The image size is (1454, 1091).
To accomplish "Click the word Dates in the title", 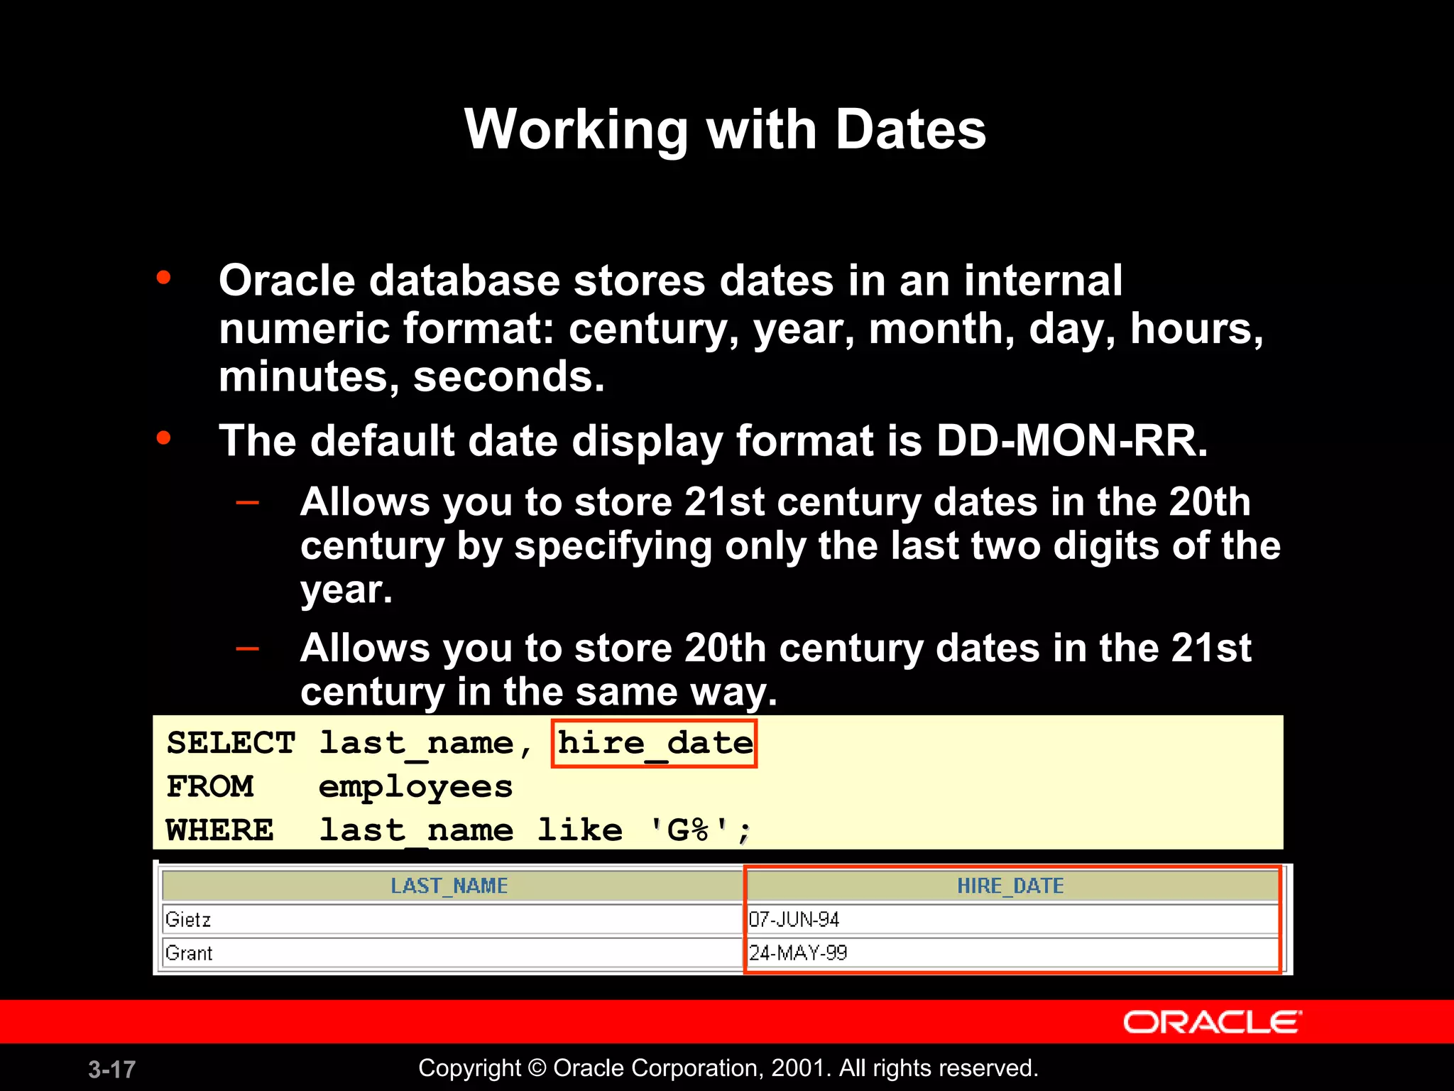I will pos(910,129).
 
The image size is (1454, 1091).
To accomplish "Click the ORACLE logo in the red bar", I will pos(1212,1023).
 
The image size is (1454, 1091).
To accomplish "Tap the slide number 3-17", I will pos(111,1069).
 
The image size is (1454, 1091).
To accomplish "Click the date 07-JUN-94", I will pos(794,920).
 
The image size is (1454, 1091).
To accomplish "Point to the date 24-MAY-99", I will pos(798,953).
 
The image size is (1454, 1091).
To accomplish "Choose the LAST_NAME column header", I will pos(449,886).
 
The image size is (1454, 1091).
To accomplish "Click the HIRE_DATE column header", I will pos(1010,886).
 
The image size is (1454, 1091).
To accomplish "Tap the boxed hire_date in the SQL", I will pos(655,744).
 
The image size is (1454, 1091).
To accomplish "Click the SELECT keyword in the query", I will pos(231,744).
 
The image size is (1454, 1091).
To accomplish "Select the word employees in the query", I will pos(415,787).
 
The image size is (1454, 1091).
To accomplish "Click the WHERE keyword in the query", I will pos(219,830).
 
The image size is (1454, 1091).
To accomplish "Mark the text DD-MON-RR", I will pos(1071,441).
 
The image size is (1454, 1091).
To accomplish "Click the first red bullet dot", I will pos(164,277).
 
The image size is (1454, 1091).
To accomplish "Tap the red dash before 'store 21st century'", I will pos(247,503).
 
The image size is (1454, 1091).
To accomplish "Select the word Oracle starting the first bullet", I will pos(286,281).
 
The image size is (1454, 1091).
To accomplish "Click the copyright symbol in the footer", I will pos(537,1068).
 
